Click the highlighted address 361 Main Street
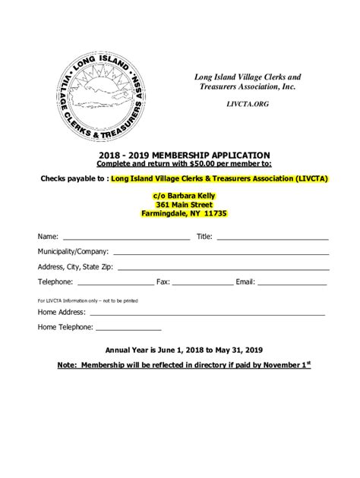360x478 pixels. (x=185, y=204)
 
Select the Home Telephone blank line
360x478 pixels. (x=128, y=329)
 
